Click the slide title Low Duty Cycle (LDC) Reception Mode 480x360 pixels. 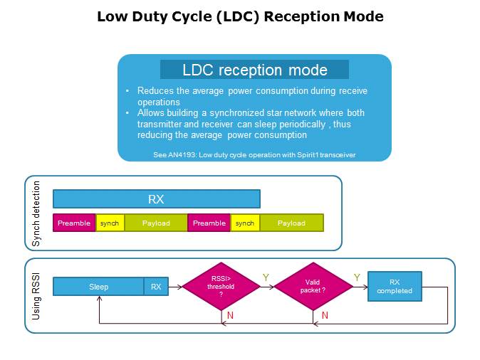[240, 16]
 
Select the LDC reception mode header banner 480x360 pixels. [254, 70]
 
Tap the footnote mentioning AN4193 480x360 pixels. [254, 154]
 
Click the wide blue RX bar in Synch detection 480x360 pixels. [156, 199]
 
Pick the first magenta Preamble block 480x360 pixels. [74, 223]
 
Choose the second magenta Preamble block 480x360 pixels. [209, 223]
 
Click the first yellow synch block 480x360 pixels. [110, 223]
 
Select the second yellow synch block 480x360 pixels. [245, 223]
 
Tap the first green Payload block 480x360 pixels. [156, 223]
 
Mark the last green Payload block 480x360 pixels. [291, 223]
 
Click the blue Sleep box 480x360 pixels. [99, 287]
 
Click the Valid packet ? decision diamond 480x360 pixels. [313, 287]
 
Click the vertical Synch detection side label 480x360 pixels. [37, 214]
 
